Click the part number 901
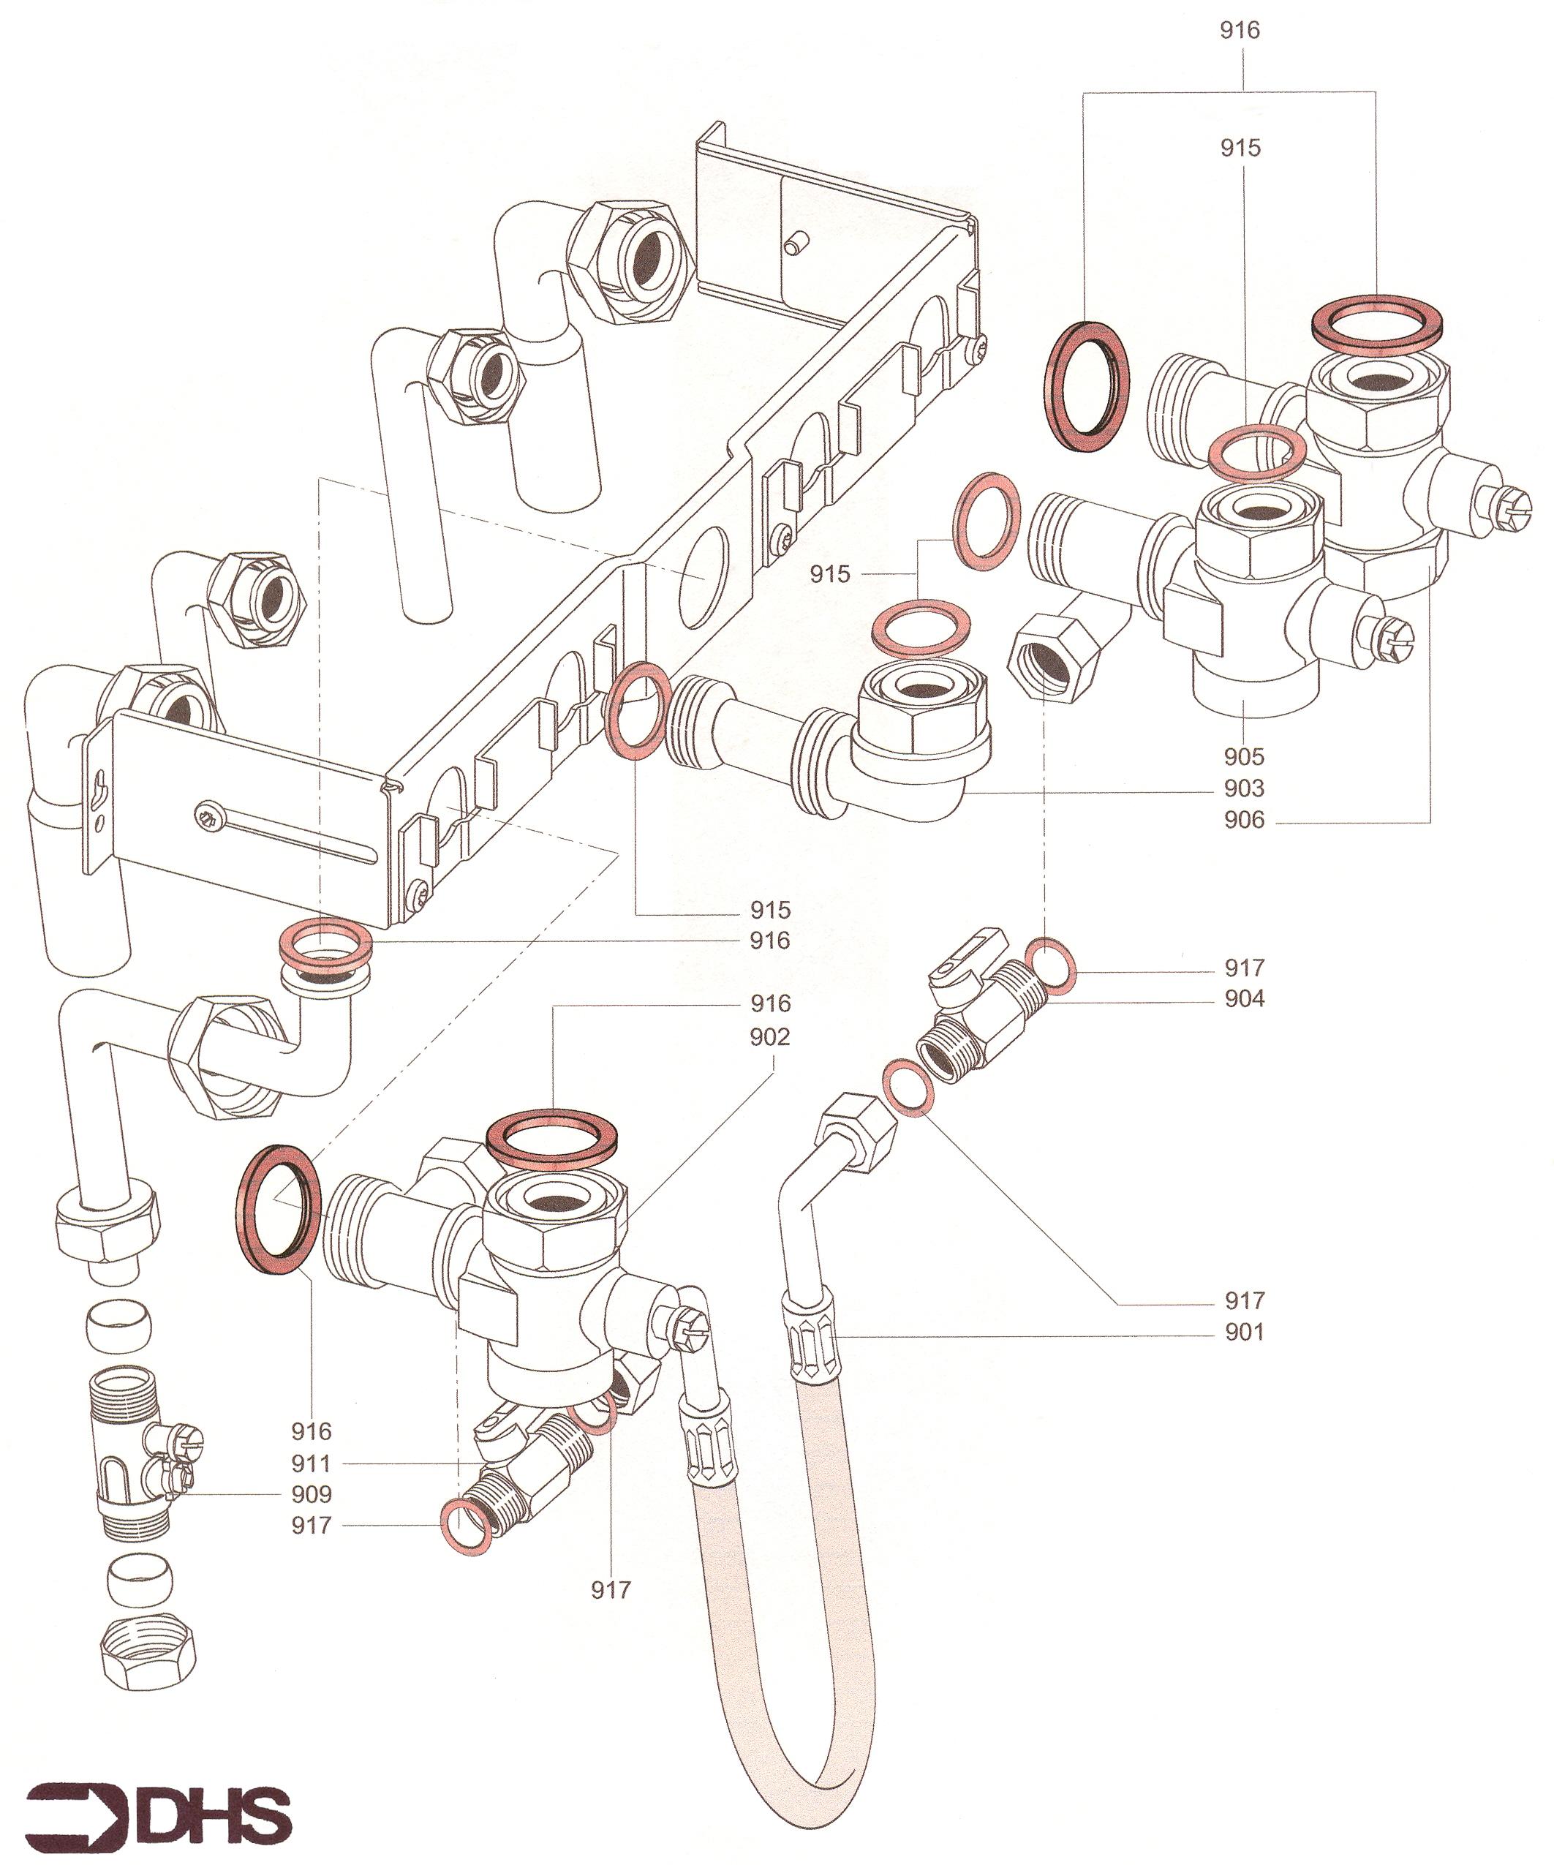tap(1243, 1331)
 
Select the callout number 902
tap(769, 1036)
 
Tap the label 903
tap(1243, 788)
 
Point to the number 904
tap(1243, 998)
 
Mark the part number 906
tap(1243, 819)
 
